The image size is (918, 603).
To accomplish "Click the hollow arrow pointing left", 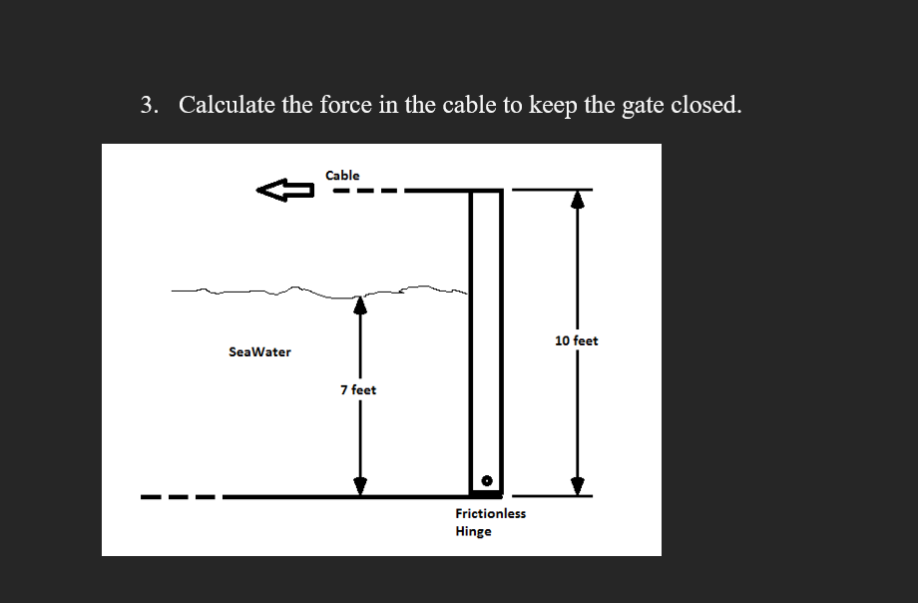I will point(284,190).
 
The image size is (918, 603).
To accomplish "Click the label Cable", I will point(342,176).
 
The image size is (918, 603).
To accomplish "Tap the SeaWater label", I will point(259,352).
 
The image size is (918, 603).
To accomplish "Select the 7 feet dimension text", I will point(358,390).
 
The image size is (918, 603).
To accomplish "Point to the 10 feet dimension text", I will point(576,341).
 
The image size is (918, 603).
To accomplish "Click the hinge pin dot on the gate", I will point(487,481).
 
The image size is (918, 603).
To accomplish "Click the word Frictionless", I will point(490,513).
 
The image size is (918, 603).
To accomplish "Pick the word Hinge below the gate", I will point(473,531).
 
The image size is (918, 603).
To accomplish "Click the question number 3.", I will point(149,105).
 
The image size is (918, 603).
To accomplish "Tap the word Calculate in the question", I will point(227,105).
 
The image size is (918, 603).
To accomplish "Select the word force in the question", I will point(345,105).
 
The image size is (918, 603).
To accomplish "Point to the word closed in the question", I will point(705,105).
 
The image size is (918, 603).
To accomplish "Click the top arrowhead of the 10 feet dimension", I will point(577,199).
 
